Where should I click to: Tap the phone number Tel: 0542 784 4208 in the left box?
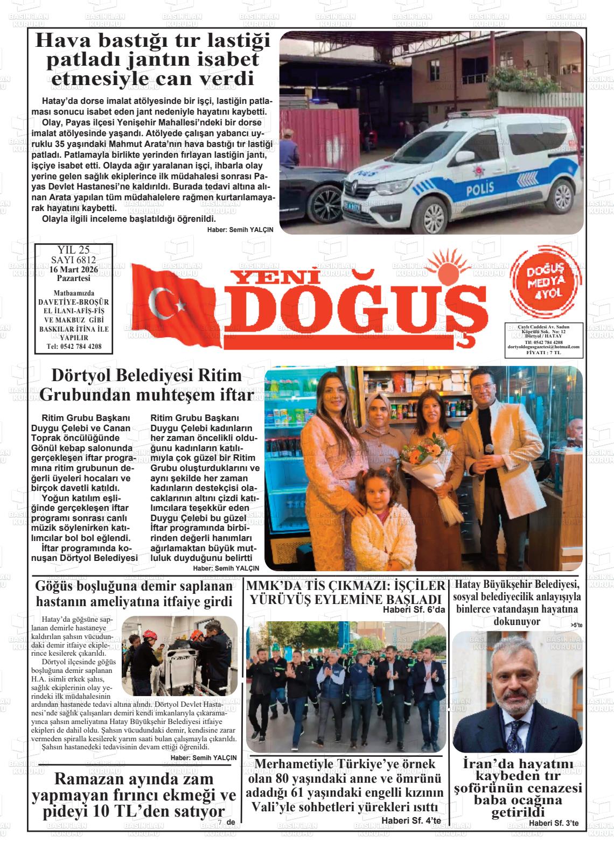(x=74, y=346)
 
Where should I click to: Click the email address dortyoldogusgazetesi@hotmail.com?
(x=543, y=347)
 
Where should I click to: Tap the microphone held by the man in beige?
(x=490, y=448)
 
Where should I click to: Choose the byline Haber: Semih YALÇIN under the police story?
(x=240, y=229)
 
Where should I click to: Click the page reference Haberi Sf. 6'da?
(x=414, y=609)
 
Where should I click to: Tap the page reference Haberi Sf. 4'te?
(x=411, y=820)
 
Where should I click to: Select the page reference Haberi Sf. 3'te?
(x=553, y=823)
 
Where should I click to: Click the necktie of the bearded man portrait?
(x=516, y=735)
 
